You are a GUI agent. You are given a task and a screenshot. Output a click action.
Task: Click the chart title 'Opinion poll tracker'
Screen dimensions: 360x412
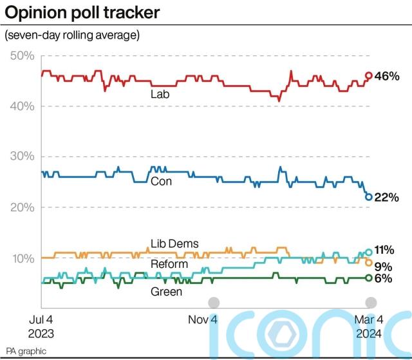[82, 12]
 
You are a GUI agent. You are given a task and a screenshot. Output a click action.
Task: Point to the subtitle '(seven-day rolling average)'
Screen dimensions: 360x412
[72, 34]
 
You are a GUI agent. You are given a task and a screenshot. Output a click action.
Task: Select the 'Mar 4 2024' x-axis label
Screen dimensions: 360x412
[370, 327]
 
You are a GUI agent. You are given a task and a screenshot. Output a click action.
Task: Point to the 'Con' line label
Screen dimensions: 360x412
[160, 181]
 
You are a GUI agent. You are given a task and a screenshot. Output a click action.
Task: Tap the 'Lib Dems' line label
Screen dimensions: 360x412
[174, 243]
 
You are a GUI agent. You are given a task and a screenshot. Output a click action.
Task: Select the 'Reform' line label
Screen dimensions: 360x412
[169, 264]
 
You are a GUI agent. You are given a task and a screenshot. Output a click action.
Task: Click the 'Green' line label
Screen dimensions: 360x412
[166, 291]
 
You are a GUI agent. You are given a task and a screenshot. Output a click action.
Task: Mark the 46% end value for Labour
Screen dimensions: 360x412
[388, 76]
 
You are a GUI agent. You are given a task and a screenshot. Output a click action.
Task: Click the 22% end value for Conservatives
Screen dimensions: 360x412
[388, 198]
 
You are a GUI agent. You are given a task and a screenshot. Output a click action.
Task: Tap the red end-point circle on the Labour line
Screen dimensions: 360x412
[369, 75]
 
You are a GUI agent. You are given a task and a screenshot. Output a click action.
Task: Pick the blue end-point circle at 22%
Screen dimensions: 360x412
[369, 197]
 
